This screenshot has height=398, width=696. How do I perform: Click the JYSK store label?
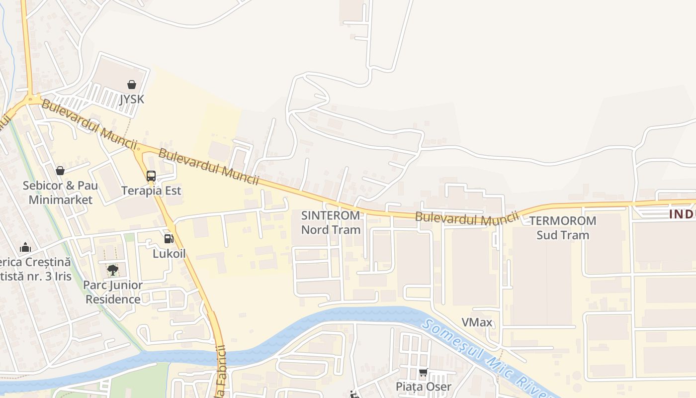[x=132, y=99]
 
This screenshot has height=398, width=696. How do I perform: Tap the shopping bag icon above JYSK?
[x=132, y=85]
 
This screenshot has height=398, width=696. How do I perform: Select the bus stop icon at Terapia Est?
[x=151, y=176]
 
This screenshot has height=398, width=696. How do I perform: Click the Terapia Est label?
[x=151, y=191]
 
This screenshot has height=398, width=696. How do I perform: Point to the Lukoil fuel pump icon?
[x=169, y=238]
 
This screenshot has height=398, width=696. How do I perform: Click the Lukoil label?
[x=169, y=254]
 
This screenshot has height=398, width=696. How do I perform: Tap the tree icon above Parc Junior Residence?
[x=113, y=270]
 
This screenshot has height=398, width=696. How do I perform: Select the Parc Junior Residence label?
[x=113, y=292]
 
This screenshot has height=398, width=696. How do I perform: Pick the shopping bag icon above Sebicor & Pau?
[x=60, y=171]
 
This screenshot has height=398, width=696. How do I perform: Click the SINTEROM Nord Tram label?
[x=331, y=222]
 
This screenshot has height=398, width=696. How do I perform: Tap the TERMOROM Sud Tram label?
[x=563, y=227]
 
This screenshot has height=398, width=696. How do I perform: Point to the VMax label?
[x=477, y=322]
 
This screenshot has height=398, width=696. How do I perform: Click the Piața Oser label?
[x=424, y=387]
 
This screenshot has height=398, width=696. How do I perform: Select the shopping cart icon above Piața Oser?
[x=424, y=372]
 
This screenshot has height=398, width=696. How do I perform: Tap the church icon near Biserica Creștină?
[x=25, y=247]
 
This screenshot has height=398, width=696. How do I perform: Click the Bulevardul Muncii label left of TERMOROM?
[x=467, y=217]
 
